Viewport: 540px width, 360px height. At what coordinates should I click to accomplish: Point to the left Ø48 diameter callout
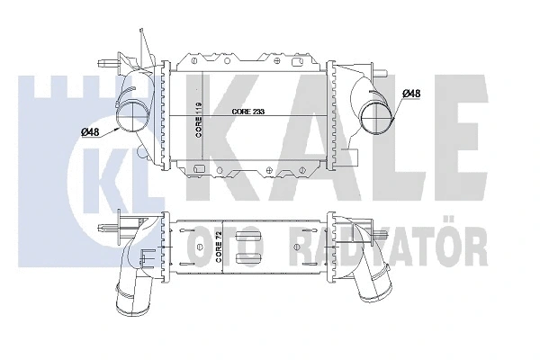pos(90,133)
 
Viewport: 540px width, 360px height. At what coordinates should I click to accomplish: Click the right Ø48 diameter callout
pos(410,93)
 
